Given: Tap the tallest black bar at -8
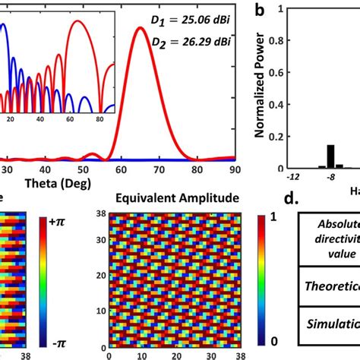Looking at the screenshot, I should pos(330,156).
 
